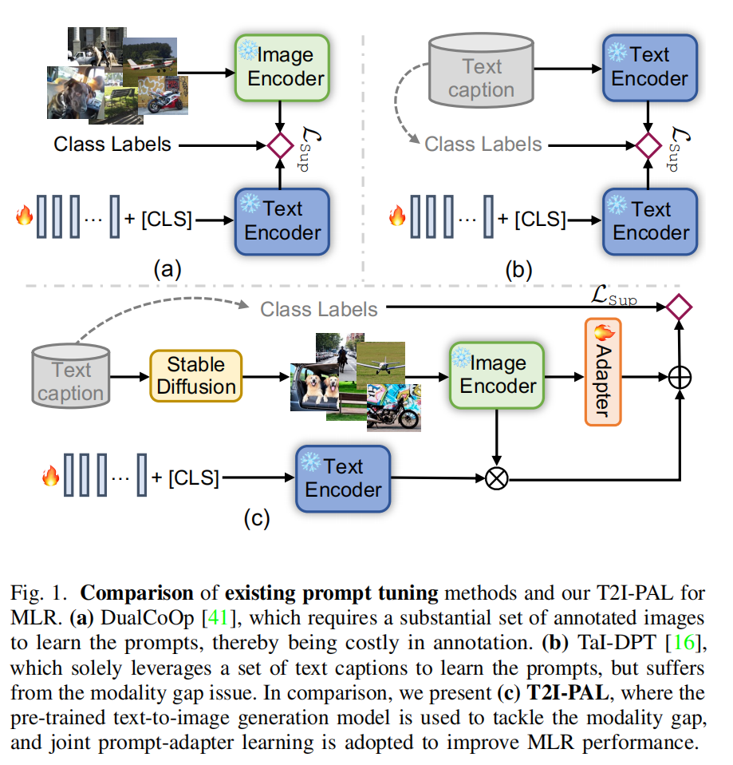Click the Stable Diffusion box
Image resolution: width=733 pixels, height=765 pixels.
point(196,375)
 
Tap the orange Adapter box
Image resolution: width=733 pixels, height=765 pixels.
point(603,372)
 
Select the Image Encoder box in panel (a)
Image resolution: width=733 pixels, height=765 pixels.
point(282,68)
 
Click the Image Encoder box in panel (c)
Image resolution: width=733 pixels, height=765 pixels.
point(497,375)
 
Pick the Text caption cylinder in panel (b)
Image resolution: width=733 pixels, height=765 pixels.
point(481,70)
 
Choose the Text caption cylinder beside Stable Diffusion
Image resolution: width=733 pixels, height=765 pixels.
point(71,375)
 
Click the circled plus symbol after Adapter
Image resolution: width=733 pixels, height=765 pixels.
point(680,377)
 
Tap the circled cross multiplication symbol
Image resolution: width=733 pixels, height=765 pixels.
point(497,478)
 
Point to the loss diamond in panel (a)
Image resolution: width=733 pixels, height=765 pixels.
point(280,145)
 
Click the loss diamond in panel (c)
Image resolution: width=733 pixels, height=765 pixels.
point(679,307)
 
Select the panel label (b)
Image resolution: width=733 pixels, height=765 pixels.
point(518,270)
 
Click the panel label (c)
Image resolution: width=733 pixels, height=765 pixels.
point(257,518)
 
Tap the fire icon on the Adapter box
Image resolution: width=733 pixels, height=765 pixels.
point(604,332)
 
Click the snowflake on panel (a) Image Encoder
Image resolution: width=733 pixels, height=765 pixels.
point(247,50)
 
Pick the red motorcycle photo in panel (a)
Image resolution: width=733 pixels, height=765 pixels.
point(164,95)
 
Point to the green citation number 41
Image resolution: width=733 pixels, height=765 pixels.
point(218,617)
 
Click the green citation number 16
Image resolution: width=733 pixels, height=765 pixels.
point(684,643)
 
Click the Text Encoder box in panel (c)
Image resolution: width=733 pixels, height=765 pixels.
point(343,478)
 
